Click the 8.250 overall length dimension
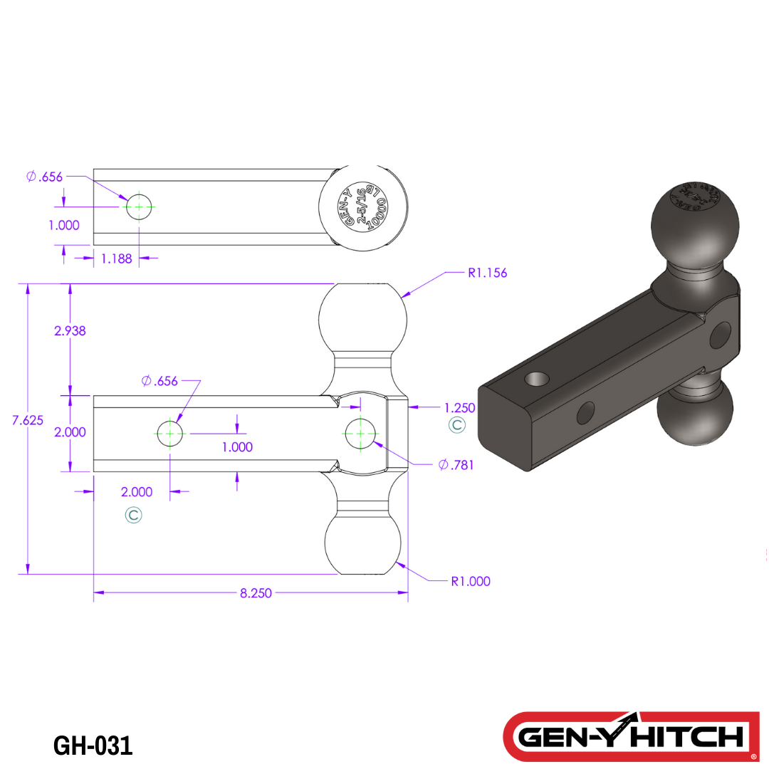pyautogui.click(x=256, y=593)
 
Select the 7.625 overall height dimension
pyautogui.click(x=28, y=420)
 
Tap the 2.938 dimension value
pyautogui.click(x=70, y=330)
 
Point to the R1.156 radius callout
pyautogui.click(x=487, y=273)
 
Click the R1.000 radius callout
pyautogui.click(x=471, y=581)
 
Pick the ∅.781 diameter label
pyautogui.click(x=456, y=465)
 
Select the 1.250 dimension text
pyautogui.click(x=459, y=408)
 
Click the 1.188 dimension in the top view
pyautogui.click(x=116, y=258)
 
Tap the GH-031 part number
pyautogui.click(x=93, y=746)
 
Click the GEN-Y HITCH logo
pyautogui.click(x=631, y=736)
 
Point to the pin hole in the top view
pyautogui.click(x=140, y=206)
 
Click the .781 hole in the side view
pyautogui.click(x=360, y=433)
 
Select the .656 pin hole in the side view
pyautogui.click(x=169, y=433)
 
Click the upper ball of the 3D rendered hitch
pyautogui.click(x=689, y=223)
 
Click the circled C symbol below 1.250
pyautogui.click(x=456, y=426)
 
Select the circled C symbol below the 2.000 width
pyautogui.click(x=133, y=515)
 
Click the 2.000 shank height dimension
pyautogui.click(x=70, y=432)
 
